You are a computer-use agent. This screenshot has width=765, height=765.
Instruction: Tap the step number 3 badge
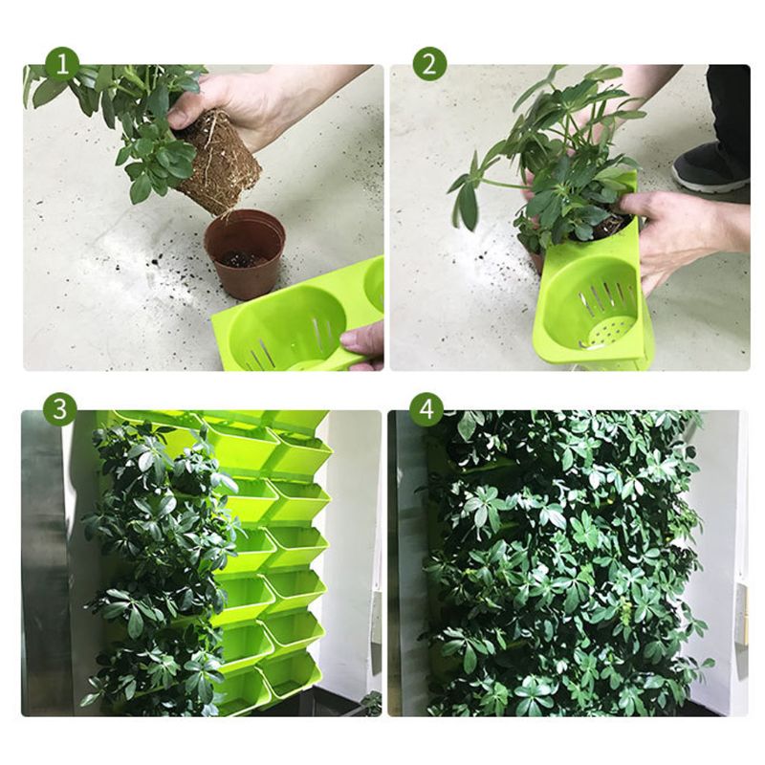(x=60, y=409)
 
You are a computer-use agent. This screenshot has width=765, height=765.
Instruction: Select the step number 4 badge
(x=426, y=409)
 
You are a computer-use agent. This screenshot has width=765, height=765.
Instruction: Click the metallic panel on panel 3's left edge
(x=43, y=574)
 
